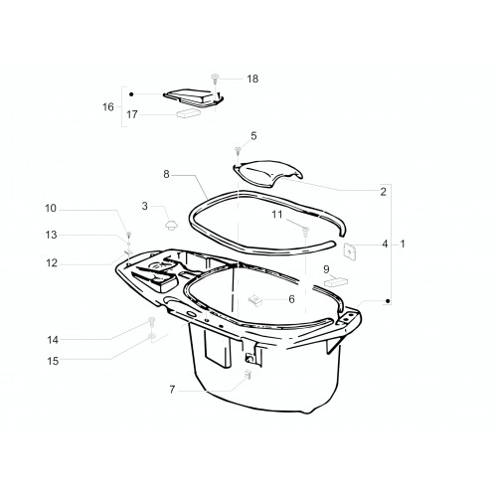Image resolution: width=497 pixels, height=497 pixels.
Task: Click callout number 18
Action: tap(252, 79)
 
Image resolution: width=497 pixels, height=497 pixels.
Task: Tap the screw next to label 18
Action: tap(215, 79)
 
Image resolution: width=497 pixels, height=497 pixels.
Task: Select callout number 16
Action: tap(108, 107)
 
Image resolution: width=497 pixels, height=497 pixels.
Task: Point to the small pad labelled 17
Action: tap(189, 113)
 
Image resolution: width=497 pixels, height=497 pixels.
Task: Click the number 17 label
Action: tap(132, 114)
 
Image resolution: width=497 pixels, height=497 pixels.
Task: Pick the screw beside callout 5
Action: tap(238, 151)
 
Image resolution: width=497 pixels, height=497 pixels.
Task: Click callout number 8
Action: tap(166, 174)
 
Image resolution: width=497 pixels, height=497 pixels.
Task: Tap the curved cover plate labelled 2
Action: tap(267, 174)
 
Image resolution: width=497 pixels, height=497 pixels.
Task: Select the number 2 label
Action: tap(383, 192)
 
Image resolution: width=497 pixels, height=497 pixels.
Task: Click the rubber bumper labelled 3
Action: tap(172, 226)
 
